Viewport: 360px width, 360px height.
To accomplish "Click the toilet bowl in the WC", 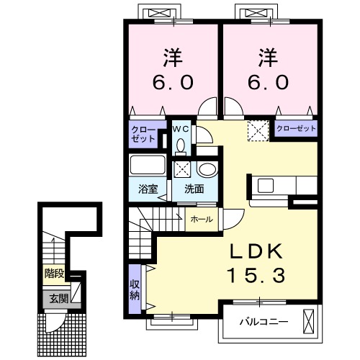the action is point(181,145).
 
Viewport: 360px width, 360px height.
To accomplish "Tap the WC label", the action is point(181,129).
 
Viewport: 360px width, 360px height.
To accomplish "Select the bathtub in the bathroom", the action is point(148,165).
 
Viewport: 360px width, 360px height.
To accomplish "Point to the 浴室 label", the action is point(148,189).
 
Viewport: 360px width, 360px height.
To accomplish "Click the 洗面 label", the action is point(194,189).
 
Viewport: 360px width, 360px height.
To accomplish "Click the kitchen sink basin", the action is point(266,186).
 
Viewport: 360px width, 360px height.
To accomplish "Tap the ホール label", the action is point(202,219).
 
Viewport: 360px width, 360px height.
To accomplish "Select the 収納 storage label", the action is point(135,289).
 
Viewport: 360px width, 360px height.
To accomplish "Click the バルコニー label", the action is point(264,321).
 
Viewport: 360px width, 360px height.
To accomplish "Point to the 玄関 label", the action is point(59,299).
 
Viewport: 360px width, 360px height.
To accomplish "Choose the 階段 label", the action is point(55,273).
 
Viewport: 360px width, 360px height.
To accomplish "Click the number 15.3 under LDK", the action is point(256,275).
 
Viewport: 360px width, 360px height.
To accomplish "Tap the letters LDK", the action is point(256,251).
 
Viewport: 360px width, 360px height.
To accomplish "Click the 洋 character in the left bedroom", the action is point(173,58).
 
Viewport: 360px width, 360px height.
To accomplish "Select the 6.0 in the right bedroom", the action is point(268,82).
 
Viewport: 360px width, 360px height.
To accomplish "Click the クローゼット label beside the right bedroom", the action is point(296,128).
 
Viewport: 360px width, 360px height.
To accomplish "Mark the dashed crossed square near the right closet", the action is point(258,131).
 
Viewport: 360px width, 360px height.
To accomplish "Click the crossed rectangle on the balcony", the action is point(309,322).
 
